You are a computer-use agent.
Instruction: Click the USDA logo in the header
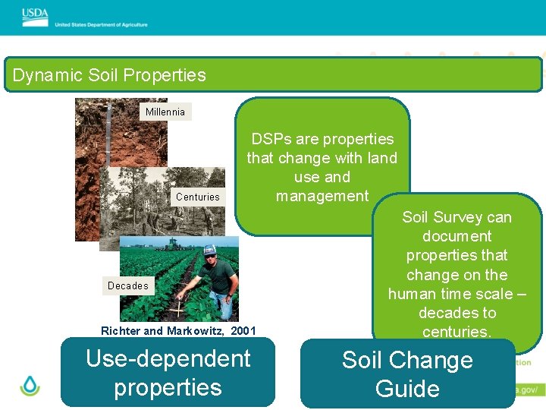[35, 14]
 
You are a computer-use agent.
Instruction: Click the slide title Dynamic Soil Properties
[109, 75]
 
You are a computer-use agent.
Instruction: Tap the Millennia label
[165, 112]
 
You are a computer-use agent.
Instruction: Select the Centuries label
[197, 197]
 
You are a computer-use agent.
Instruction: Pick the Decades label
[128, 285]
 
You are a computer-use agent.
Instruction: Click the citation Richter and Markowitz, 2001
[178, 330]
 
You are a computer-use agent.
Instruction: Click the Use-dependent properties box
[168, 373]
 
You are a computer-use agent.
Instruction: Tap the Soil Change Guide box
[407, 374]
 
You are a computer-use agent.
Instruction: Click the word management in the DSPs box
[322, 196]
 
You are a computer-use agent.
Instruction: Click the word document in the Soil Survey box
[457, 236]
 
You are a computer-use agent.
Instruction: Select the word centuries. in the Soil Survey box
[457, 332]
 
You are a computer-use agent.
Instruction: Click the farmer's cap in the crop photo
[209, 250]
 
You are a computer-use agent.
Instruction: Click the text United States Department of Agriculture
[101, 24]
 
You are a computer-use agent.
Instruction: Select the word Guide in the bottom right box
[407, 389]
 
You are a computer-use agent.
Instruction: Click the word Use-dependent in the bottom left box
[168, 358]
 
